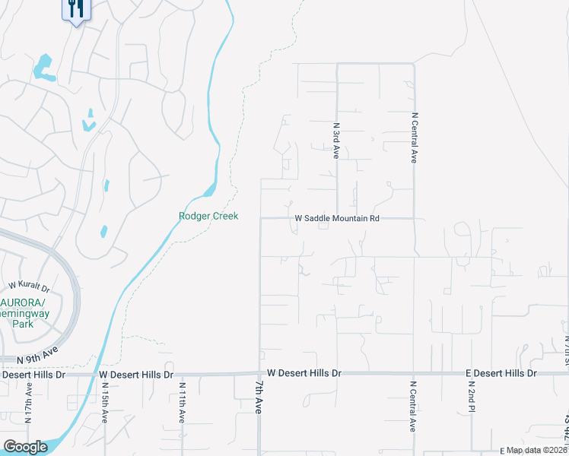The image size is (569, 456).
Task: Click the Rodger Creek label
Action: coord(208,216)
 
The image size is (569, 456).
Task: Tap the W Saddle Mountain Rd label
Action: coord(336,218)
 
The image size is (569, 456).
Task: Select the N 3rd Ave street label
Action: coord(336,141)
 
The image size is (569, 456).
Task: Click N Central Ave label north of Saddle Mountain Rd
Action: coord(415,138)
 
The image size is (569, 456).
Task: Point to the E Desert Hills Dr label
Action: coord(501,373)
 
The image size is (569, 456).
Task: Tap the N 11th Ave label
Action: coord(182,404)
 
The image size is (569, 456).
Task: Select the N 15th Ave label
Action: coord(105,404)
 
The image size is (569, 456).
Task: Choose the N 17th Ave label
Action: coord(28,404)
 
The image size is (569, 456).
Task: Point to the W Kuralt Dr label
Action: coord(29,287)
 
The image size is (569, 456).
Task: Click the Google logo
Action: coord(25,447)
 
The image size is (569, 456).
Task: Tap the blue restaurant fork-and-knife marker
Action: coord(75,9)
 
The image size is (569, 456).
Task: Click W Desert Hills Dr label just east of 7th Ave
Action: coord(304,373)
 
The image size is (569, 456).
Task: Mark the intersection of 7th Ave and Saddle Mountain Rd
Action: coord(261,218)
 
